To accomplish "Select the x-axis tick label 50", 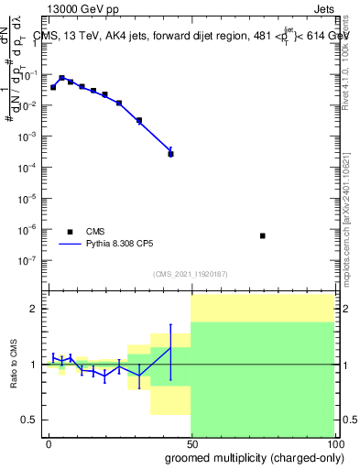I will coord(191,442).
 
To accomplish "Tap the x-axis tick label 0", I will coord(49,442).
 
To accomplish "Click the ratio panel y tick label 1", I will coord(33,365).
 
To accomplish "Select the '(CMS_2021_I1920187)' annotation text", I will coord(190,273).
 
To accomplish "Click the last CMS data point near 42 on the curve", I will coord(170,154).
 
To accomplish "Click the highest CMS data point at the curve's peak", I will coord(61,79).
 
